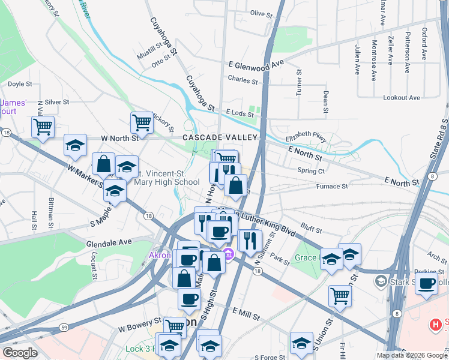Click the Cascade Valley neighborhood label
pos(220,137)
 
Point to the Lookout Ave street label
pos(402,97)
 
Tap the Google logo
pos(20,353)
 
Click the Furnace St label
pos(332,187)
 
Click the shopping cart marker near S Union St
pos(340,295)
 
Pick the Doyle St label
pos(20,85)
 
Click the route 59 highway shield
pos(63,328)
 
